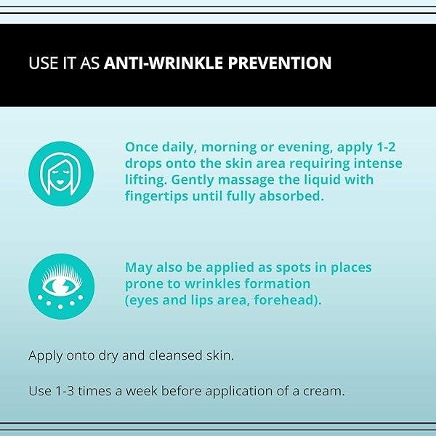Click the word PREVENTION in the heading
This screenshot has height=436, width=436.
click(x=280, y=62)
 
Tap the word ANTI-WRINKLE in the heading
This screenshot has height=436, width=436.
click(x=163, y=62)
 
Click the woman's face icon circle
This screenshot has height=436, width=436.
click(x=61, y=174)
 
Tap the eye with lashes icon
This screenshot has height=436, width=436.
click(x=62, y=286)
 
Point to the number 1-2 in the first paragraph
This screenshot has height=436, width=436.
click(x=386, y=147)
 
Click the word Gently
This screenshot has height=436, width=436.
click(x=192, y=180)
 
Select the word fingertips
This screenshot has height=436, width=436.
click(x=156, y=197)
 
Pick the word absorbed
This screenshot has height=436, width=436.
click(x=291, y=195)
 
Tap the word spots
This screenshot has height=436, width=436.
click(x=293, y=268)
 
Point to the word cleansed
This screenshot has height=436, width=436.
click(x=175, y=355)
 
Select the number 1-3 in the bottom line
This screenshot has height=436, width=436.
click(x=65, y=391)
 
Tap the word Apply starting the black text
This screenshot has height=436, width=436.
click(x=46, y=356)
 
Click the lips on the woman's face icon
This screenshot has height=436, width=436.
click(x=61, y=183)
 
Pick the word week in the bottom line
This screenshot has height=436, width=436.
click(x=142, y=391)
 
